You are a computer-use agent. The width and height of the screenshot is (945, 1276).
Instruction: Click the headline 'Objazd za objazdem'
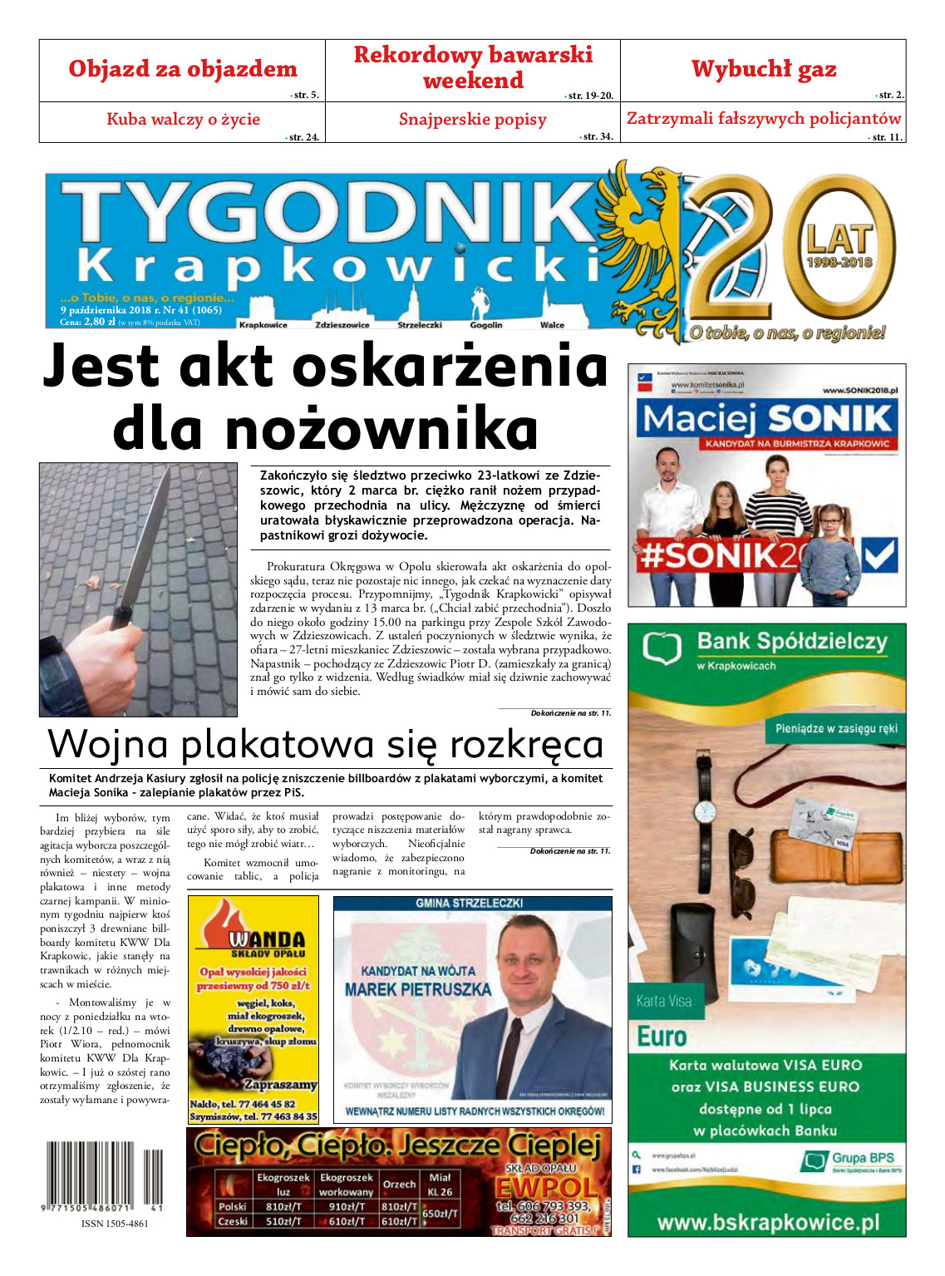click(182, 69)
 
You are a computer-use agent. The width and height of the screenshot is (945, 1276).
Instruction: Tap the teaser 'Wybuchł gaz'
click(763, 69)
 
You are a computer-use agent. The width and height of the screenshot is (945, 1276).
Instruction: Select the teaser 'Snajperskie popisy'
click(472, 119)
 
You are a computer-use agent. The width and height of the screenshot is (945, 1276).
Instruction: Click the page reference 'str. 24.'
click(303, 137)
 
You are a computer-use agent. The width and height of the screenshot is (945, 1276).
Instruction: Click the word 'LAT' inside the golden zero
click(839, 240)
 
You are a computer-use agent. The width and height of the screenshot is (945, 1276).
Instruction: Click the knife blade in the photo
click(146, 540)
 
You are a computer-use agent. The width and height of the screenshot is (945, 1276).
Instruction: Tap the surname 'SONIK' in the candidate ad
click(829, 419)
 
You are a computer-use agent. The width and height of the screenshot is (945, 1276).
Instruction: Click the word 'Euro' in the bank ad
click(662, 1037)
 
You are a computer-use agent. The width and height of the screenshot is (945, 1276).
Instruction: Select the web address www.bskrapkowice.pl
click(767, 1222)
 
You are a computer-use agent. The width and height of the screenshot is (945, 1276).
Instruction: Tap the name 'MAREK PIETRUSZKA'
click(418, 990)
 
